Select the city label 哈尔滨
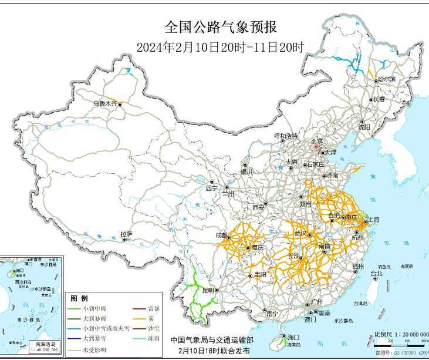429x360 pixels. click(387, 79)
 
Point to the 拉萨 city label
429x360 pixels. click(126, 234)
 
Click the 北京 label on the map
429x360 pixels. click(316, 141)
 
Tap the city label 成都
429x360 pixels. click(222, 235)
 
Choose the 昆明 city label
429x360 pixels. click(208, 290)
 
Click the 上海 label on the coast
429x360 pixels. click(373, 220)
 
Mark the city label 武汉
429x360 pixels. click(301, 233)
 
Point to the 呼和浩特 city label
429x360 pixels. click(286, 136)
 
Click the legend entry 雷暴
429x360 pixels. click(154, 308)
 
